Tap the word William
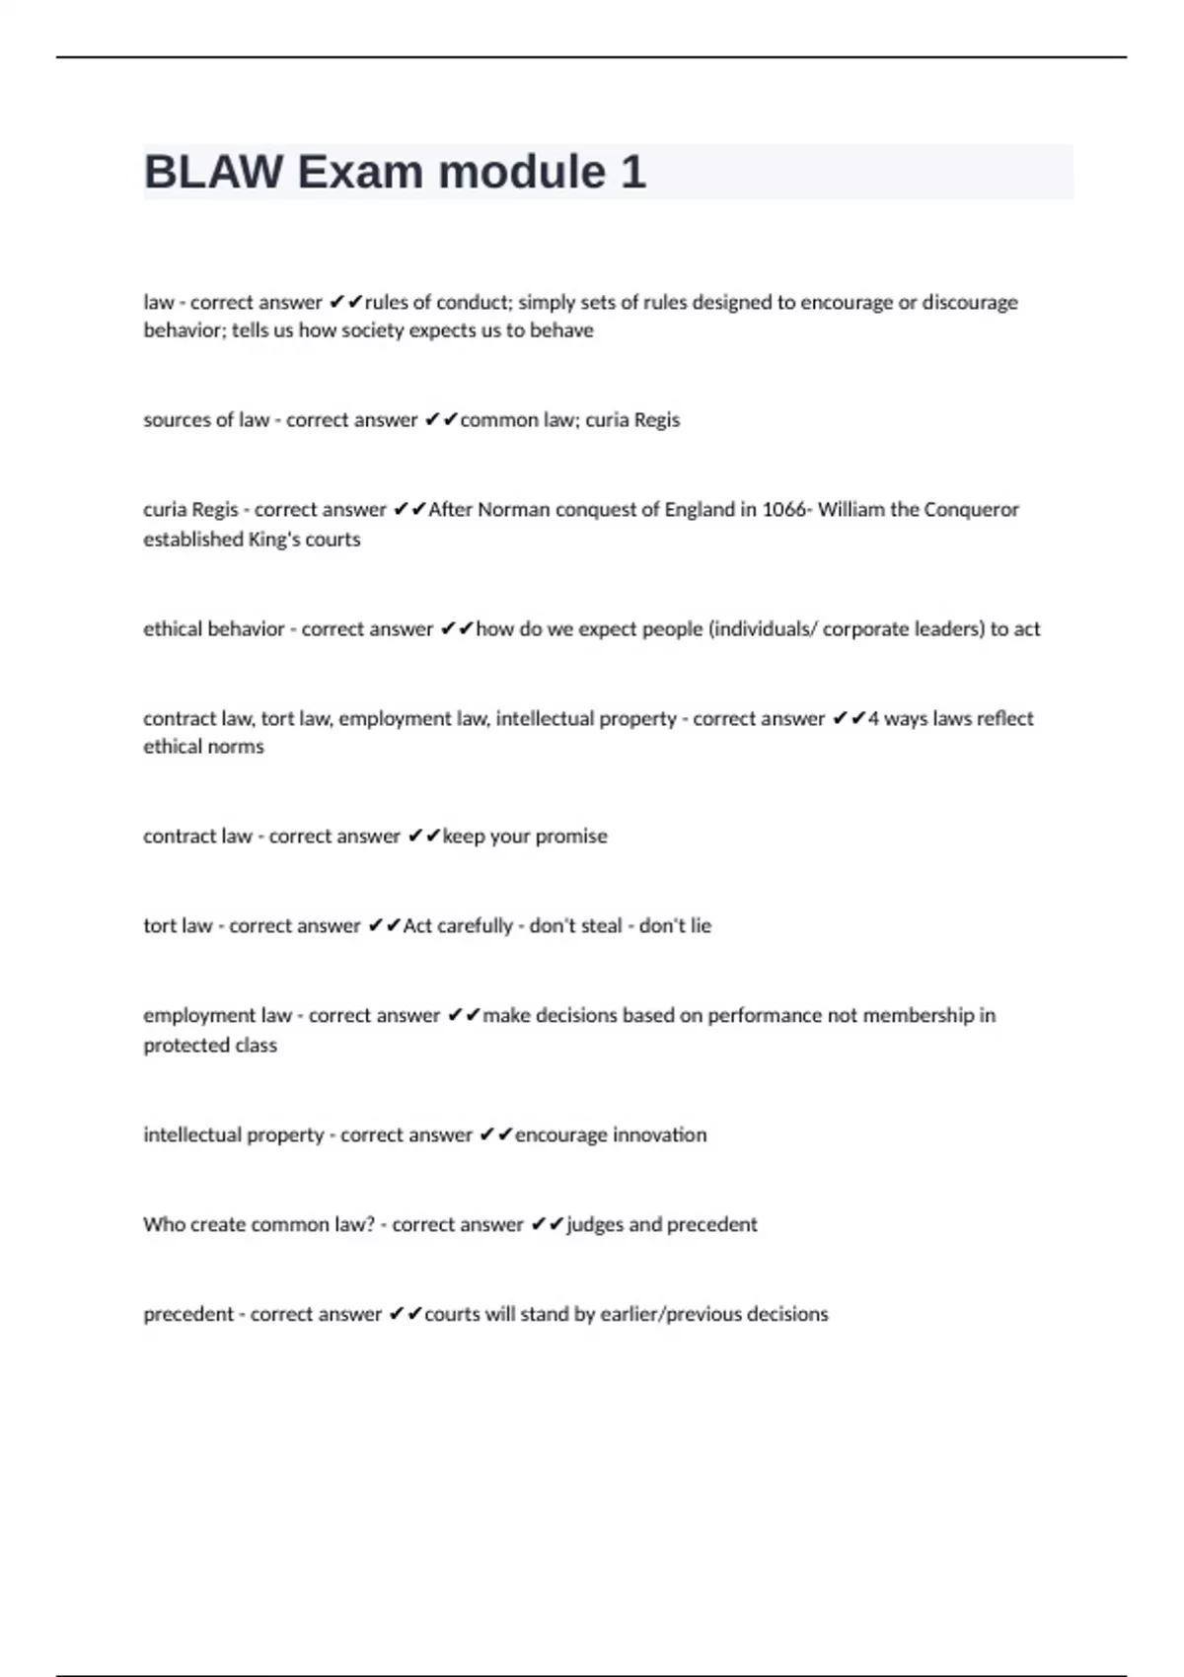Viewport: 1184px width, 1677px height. coord(851,510)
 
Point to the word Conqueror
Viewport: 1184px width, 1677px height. coord(971,510)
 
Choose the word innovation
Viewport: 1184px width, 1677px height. coord(659,1135)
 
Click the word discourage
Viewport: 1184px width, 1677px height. coord(969,303)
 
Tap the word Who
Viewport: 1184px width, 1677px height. coord(162,1225)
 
